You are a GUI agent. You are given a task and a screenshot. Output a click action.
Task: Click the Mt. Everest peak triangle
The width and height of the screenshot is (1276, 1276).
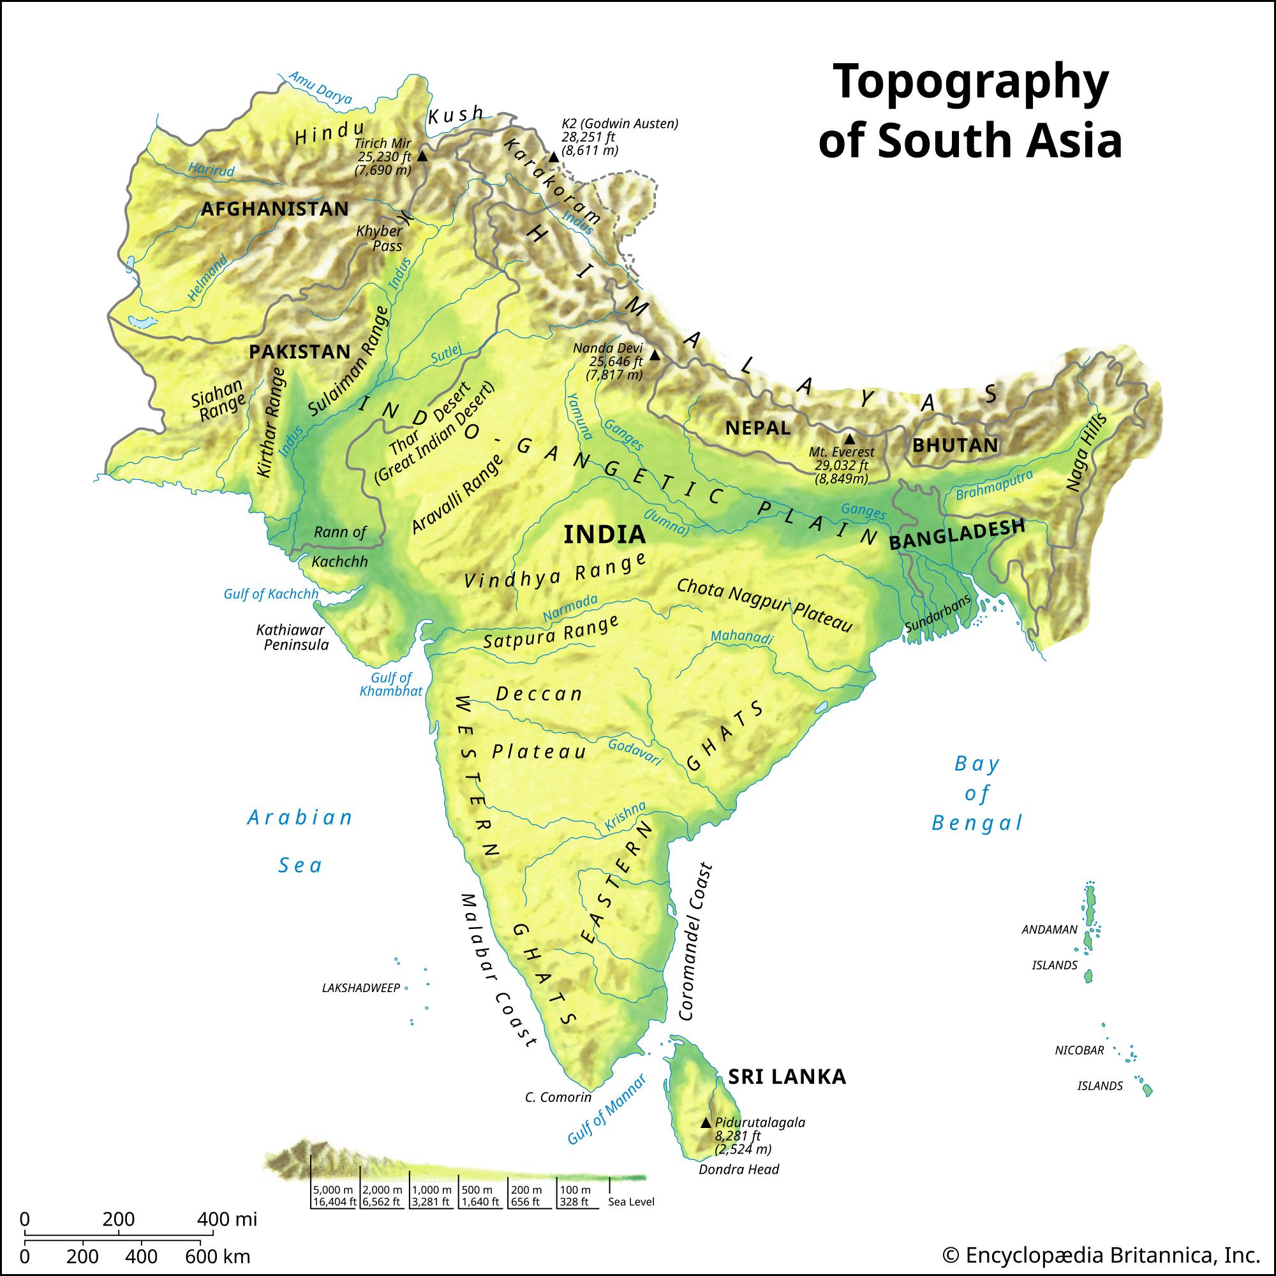click(849, 439)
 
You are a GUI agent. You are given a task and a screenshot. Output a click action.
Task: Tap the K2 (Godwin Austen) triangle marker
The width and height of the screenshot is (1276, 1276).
click(553, 157)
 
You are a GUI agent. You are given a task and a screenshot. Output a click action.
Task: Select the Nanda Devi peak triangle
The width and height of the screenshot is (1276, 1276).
click(655, 355)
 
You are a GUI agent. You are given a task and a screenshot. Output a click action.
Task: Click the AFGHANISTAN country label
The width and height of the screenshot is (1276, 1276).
click(275, 209)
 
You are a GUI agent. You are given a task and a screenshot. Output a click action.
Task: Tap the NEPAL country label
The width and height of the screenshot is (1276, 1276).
click(757, 428)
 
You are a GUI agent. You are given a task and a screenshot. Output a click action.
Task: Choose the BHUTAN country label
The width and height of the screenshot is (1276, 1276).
click(955, 445)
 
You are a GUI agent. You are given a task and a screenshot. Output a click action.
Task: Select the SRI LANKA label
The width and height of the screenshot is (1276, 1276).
click(787, 1077)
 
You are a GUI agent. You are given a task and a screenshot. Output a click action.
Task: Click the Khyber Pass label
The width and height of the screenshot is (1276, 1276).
click(380, 239)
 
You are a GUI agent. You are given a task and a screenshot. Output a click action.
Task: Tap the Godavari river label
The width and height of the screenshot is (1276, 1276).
click(635, 752)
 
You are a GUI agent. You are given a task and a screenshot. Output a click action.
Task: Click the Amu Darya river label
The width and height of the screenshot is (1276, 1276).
click(320, 87)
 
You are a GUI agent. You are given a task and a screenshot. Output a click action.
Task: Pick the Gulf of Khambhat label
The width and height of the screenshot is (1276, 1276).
click(391, 684)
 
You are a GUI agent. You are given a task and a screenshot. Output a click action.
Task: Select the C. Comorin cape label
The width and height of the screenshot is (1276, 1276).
click(558, 1097)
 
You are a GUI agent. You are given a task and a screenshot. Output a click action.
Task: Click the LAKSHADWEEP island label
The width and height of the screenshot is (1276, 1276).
click(361, 988)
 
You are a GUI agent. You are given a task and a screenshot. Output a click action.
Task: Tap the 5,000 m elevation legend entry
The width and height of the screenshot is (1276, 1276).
click(334, 1190)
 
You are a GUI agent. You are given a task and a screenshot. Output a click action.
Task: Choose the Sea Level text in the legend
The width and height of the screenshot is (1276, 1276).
click(631, 1202)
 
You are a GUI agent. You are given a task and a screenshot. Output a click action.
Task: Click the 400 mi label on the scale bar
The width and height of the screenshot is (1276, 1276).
click(226, 1219)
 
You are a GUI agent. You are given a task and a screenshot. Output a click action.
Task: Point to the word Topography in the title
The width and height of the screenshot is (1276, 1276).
click(970, 82)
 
